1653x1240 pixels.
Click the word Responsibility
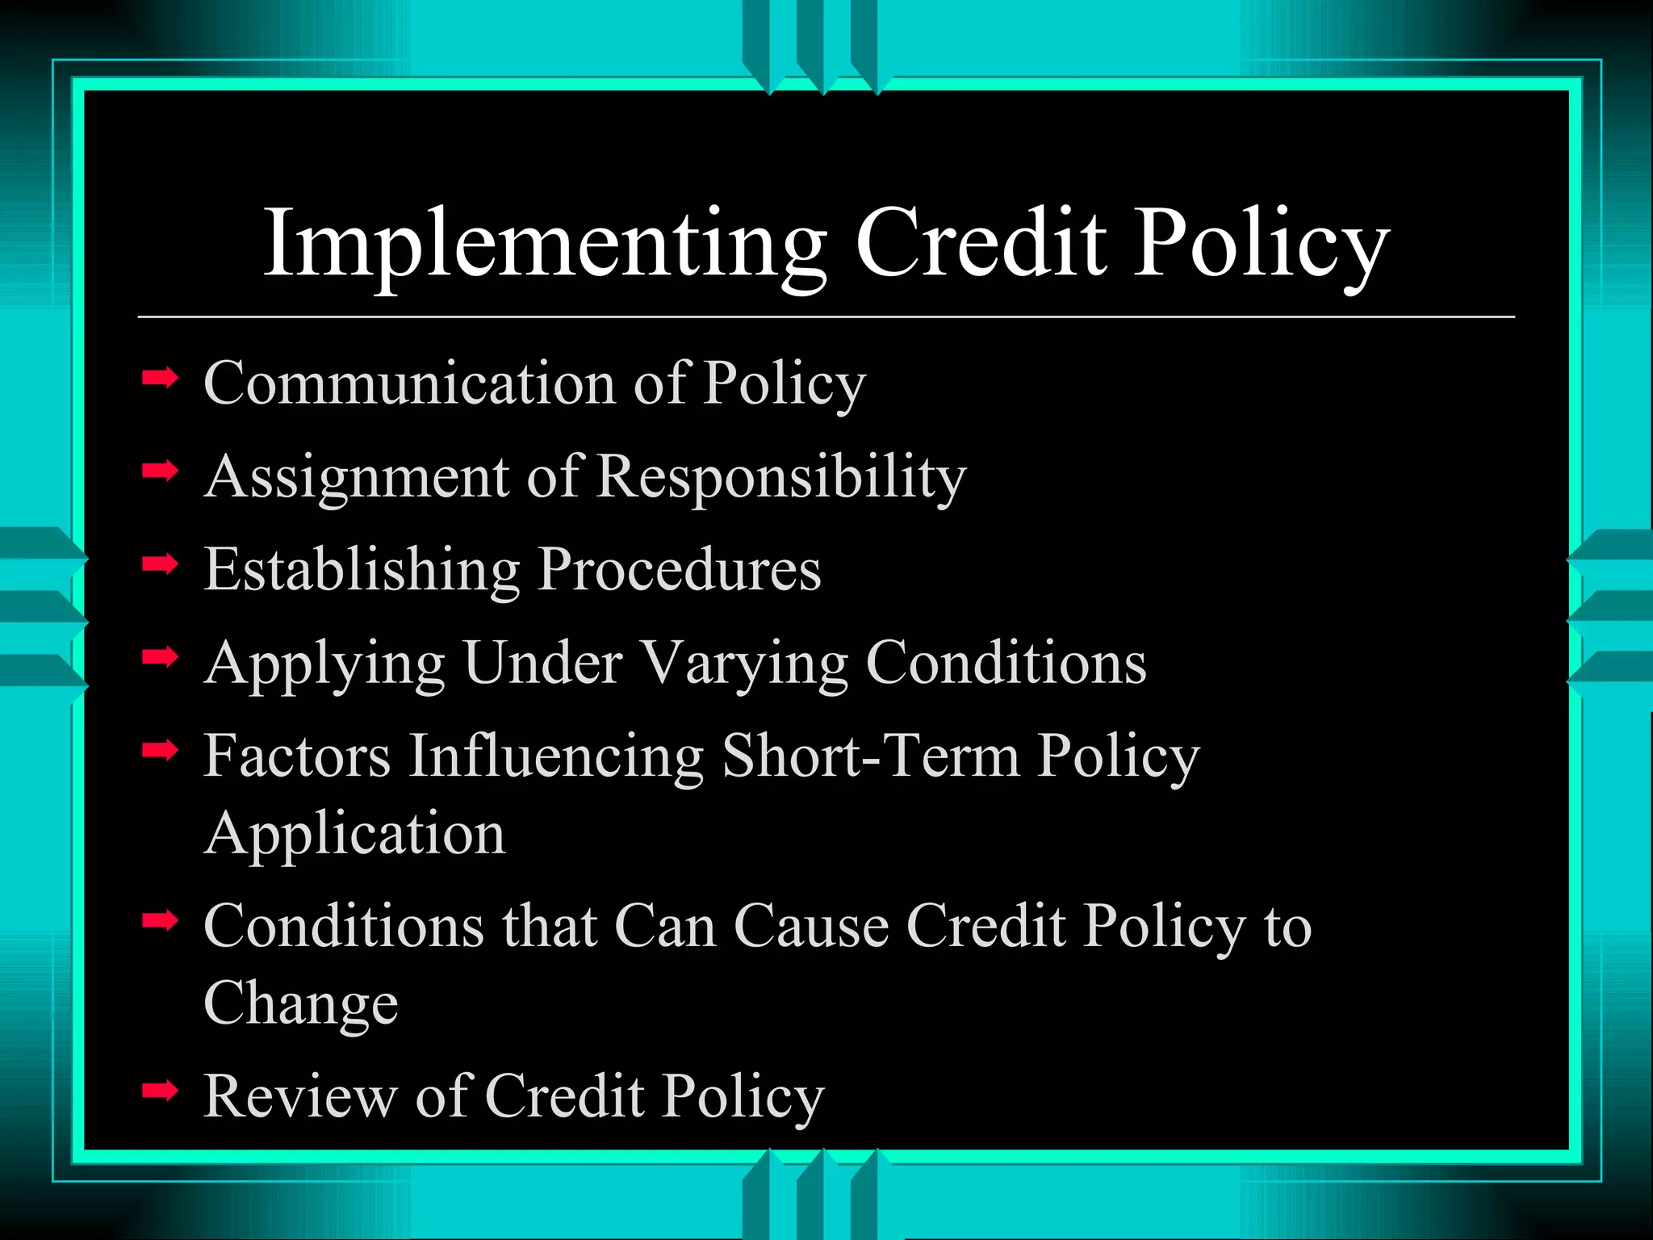[x=781, y=476]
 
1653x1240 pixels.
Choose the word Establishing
[x=362, y=570]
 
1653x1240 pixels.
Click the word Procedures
[x=680, y=568]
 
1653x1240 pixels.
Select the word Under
[x=543, y=662]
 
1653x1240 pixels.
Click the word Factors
[x=297, y=756]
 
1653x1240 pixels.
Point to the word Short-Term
[x=871, y=756]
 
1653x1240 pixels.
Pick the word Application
[x=355, y=834]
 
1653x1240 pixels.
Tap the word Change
[x=301, y=1003]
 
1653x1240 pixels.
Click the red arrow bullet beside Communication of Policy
[x=160, y=377]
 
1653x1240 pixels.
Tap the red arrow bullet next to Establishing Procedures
[x=160, y=564]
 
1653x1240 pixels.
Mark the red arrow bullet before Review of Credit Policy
[x=160, y=1091]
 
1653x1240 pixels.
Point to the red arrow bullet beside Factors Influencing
[x=160, y=752]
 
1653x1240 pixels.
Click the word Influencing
[x=556, y=757]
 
